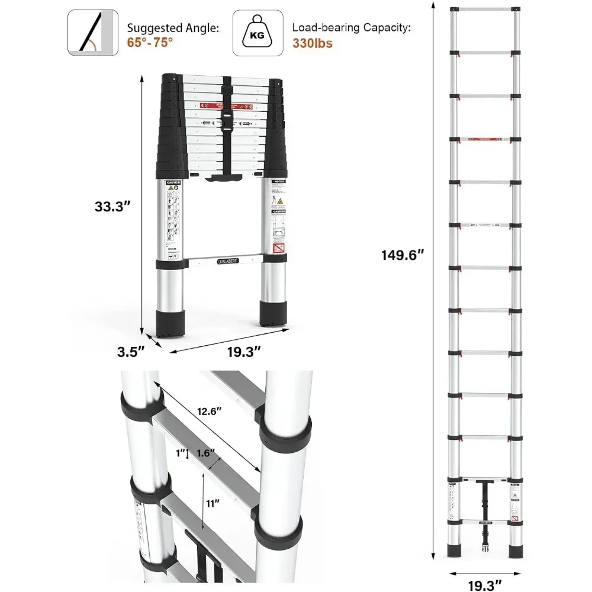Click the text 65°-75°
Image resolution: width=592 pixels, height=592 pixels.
pyautogui.click(x=149, y=43)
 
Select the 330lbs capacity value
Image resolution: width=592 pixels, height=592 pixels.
pyautogui.click(x=313, y=43)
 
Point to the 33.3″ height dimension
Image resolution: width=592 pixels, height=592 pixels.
pyautogui.click(x=112, y=207)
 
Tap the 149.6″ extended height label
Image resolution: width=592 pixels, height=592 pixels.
pyautogui.click(x=404, y=255)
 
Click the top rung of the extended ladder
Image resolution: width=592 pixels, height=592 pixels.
pyautogui.click(x=485, y=9)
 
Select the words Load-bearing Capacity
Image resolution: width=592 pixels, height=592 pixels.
pyautogui.click(x=351, y=27)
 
